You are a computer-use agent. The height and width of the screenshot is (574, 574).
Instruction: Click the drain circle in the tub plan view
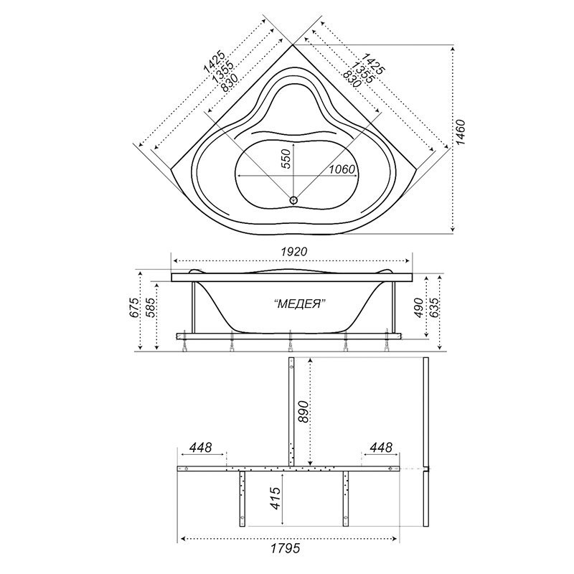[293, 200]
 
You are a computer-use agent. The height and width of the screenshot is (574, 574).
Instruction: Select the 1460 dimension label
[460, 133]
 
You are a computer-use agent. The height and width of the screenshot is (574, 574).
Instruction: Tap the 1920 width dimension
[293, 252]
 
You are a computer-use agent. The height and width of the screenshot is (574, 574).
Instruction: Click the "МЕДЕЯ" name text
[300, 304]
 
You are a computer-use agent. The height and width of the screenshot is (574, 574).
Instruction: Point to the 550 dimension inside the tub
[288, 159]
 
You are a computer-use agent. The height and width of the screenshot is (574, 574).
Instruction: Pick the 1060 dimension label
[342, 169]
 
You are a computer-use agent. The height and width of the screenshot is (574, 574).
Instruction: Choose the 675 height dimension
[134, 308]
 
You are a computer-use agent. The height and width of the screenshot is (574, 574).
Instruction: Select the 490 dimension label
[420, 308]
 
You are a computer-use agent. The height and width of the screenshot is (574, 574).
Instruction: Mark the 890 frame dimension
[304, 412]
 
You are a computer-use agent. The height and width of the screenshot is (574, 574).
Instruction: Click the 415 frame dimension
[276, 498]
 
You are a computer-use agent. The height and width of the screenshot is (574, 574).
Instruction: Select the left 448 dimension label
[201, 447]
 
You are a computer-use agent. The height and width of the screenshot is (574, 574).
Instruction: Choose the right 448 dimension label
[381, 447]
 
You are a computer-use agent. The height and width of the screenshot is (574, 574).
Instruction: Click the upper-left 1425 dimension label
[213, 62]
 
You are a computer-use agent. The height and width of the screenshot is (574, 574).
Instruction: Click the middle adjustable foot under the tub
[291, 342]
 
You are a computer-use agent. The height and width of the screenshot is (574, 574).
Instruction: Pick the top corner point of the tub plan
[293, 44]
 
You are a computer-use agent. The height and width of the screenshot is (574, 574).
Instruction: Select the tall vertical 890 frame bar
[291, 412]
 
